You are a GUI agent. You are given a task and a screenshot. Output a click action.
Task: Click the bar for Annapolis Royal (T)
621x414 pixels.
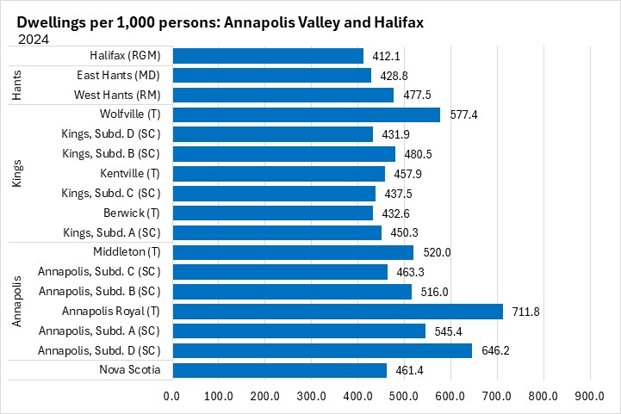(x=337, y=311)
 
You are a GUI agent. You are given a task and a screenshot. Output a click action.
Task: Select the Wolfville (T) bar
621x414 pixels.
(x=306, y=114)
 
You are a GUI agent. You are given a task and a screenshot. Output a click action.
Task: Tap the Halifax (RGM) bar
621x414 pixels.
(x=267, y=56)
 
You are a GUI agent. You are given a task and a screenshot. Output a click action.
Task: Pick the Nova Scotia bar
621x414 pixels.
(x=279, y=370)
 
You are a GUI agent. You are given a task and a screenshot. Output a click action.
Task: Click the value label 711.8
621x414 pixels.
(x=524, y=311)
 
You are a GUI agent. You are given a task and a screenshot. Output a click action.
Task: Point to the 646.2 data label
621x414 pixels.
(x=494, y=350)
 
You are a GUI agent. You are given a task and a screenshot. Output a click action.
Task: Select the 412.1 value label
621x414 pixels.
(x=384, y=56)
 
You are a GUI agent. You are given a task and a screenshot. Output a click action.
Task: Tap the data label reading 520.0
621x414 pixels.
(x=434, y=252)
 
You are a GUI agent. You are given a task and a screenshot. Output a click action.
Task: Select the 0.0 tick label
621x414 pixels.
(x=171, y=396)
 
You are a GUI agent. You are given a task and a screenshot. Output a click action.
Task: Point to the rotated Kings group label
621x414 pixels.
(x=18, y=173)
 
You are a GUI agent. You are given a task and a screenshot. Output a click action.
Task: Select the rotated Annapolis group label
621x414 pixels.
(x=18, y=301)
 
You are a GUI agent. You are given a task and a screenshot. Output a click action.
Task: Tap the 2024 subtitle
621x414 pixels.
(x=33, y=38)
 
